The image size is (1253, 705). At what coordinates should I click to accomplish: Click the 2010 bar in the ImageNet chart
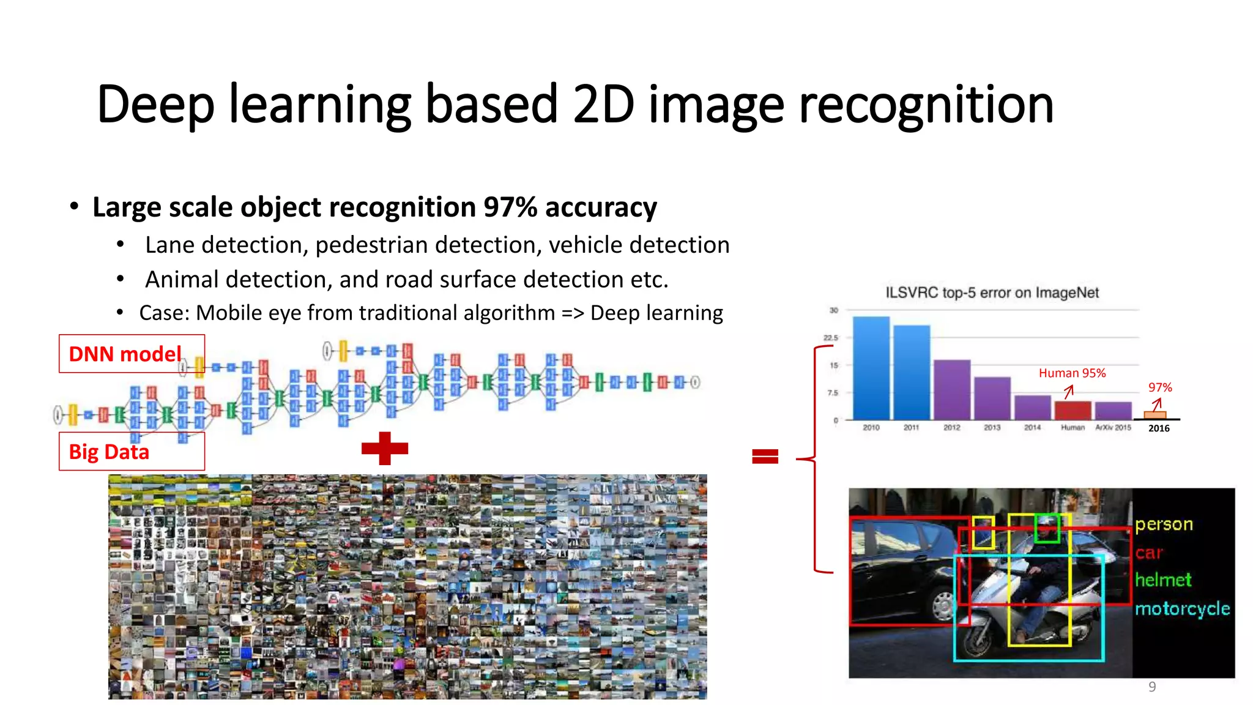coord(871,367)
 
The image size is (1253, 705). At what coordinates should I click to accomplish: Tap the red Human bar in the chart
coord(1073,410)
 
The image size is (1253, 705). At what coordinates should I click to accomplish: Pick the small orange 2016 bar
coord(1154,415)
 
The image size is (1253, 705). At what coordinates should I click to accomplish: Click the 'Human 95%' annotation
coord(1072,373)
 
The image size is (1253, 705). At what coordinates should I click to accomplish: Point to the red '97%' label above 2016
coord(1160,387)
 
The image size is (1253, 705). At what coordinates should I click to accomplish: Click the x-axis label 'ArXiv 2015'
coord(1113,428)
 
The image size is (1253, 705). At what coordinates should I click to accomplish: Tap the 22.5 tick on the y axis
coord(830,338)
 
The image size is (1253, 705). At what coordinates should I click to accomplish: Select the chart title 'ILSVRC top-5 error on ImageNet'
coord(992,293)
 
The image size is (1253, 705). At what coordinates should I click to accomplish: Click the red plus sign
coord(384,449)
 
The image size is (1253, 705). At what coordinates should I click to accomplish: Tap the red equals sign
coord(765,456)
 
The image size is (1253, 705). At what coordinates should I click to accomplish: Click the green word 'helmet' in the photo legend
coord(1163,580)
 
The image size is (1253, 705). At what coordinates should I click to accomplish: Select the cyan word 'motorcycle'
coord(1182,608)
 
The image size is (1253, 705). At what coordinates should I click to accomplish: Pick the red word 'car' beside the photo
coord(1148,553)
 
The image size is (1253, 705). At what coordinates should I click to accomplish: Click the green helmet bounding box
coord(1047,528)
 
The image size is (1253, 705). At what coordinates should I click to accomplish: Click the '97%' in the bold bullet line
coord(510,207)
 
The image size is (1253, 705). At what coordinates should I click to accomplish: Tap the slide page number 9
coord(1152,687)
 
